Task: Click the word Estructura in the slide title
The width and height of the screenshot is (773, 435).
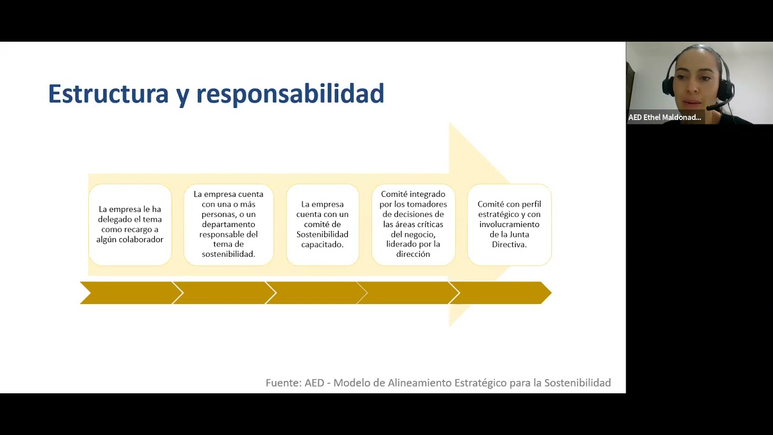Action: pos(108,94)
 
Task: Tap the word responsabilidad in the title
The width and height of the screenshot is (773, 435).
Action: pos(290,94)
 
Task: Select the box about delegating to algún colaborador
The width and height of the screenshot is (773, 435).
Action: pos(130,225)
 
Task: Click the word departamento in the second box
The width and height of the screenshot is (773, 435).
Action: pos(228,224)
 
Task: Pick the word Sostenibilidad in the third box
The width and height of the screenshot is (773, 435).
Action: pos(322,234)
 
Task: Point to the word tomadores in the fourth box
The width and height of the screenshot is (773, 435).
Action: pos(429,204)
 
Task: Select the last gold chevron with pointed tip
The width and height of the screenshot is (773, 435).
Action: pos(501,293)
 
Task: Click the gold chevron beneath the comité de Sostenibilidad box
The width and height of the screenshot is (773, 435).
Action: pos(316,293)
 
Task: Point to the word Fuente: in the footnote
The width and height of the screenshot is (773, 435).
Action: pos(284,383)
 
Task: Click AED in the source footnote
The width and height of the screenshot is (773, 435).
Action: pos(315,383)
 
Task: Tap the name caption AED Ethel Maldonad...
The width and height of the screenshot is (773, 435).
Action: pos(665,117)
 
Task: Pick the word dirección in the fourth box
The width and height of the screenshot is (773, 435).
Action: pos(413,254)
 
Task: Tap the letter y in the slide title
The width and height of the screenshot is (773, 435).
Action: pos(182,97)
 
